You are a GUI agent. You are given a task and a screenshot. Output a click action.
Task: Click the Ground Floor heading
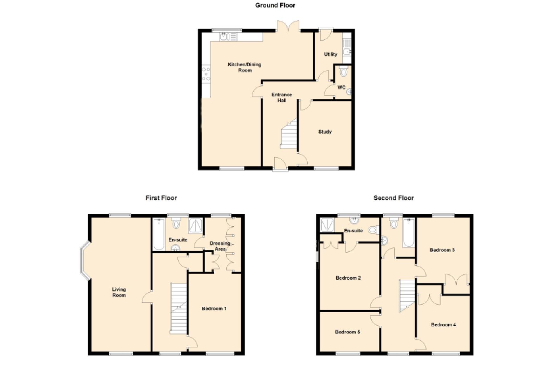[275, 5]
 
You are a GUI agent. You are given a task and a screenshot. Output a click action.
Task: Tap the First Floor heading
[161, 198]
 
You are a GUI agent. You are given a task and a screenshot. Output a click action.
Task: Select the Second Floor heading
[394, 198]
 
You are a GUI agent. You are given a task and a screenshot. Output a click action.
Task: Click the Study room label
[325, 132]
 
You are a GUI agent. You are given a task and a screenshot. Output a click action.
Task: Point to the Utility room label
[330, 54]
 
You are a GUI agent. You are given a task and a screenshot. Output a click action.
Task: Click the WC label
[341, 87]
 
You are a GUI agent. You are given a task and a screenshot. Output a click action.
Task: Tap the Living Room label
[119, 292]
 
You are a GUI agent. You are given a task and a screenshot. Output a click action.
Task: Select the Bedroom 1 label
[214, 308]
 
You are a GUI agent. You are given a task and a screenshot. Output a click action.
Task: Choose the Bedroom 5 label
[347, 332]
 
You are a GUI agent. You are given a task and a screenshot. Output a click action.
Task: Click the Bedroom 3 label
[442, 250]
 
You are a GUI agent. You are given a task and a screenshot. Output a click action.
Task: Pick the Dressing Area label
[220, 246]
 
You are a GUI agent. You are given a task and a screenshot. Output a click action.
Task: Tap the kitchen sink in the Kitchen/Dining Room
[228, 37]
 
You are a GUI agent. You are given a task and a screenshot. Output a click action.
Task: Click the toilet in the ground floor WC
[343, 71]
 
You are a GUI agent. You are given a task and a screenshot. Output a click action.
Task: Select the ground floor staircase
[289, 134]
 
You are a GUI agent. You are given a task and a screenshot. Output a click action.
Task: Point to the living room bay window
[85, 260]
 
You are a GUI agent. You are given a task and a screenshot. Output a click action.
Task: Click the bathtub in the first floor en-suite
[159, 234]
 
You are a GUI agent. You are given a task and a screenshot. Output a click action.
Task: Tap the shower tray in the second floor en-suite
[327, 225]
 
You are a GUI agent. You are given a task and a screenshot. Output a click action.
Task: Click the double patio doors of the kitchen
[288, 26]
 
